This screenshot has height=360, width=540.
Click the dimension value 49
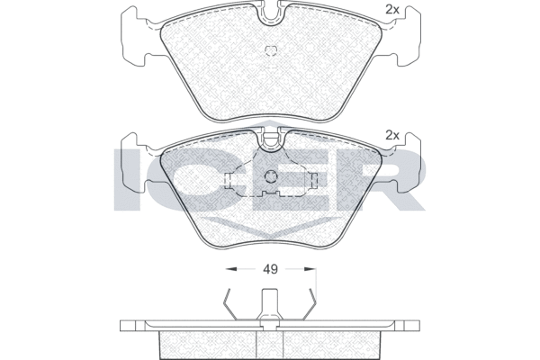(x=270, y=269)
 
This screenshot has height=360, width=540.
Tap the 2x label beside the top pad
(x=391, y=10)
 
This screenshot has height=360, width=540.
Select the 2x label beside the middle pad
(x=391, y=135)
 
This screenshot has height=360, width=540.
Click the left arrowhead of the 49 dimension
(x=230, y=269)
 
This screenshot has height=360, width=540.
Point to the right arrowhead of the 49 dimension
(x=310, y=269)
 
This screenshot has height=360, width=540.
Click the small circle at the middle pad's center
(x=271, y=177)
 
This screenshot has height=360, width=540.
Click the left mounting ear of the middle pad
(x=135, y=162)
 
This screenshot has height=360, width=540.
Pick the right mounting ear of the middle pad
(x=407, y=162)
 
